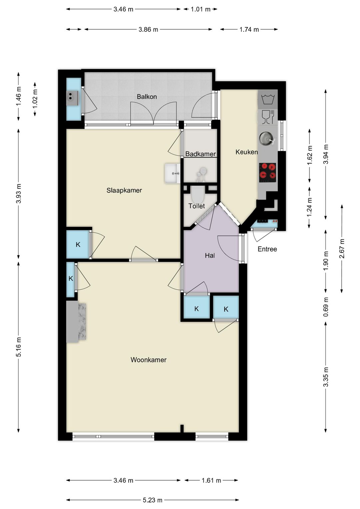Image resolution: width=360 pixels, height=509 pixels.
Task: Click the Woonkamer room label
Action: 148,360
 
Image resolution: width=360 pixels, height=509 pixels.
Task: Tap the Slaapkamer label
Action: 124,190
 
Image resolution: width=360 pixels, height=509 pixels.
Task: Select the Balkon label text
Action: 147,97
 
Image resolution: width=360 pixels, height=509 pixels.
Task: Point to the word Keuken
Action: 246,152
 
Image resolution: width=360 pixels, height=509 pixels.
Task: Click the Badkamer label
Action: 200,154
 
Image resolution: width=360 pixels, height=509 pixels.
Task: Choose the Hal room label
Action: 210,256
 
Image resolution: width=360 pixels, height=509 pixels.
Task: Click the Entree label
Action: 267,249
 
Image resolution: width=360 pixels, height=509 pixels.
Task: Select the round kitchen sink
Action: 266,138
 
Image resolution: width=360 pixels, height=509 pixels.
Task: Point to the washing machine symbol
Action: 268,99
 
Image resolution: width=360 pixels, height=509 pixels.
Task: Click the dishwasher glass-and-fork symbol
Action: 268,117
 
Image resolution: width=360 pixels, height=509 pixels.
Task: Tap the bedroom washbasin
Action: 172,173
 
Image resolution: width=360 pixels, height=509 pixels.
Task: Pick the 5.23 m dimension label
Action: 152,500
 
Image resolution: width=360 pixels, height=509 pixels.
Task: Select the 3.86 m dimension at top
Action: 148,29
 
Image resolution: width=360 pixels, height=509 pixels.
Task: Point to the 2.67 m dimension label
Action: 342,248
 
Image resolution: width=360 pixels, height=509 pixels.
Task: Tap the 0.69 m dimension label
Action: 326,307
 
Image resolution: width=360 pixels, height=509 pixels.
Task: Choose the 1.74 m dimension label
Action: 249,29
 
